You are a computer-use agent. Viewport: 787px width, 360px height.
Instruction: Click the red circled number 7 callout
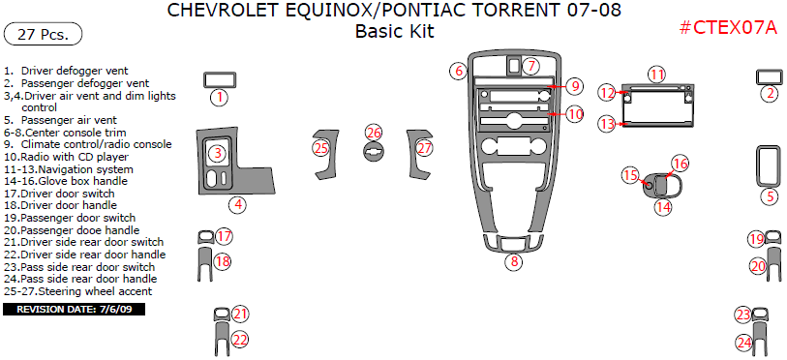click(x=531, y=66)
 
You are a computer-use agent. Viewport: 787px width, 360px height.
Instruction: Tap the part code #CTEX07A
click(x=728, y=27)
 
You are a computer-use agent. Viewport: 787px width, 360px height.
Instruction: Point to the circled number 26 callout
click(x=374, y=133)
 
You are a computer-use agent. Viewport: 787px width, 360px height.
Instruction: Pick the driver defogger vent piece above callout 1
click(x=220, y=79)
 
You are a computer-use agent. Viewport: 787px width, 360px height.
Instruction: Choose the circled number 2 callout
click(x=769, y=94)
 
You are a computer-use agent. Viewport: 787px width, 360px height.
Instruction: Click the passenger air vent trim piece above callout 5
click(x=769, y=165)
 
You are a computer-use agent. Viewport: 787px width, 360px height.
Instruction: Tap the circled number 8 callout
click(x=515, y=262)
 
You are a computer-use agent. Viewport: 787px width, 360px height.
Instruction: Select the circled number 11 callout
click(x=657, y=75)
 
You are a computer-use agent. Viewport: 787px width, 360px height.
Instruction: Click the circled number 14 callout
click(x=663, y=206)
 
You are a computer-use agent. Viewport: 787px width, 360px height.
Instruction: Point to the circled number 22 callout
click(x=240, y=340)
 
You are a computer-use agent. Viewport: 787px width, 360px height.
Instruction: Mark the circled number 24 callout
click(x=744, y=342)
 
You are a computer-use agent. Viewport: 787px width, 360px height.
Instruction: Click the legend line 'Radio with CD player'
click(x=73, y=156)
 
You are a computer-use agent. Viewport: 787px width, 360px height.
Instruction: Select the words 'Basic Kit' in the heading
click(x=394, y=31)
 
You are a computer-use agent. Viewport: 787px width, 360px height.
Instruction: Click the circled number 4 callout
click(x=236, y=204)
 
